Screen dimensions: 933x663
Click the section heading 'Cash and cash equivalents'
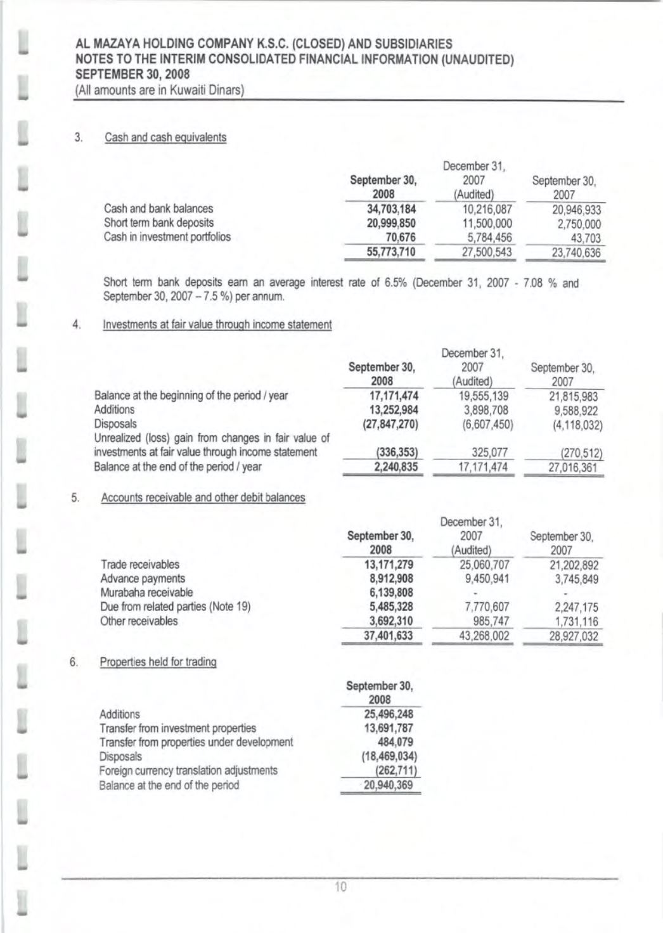[x=165, y=138]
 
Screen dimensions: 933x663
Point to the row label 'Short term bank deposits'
[x=158, y=222]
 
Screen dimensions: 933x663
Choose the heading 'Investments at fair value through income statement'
[x=217, y=325]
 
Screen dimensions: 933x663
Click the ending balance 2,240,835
[x=393, y=467]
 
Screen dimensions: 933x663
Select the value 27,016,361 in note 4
[x=572, y=468]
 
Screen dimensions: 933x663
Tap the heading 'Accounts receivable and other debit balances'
[x=203, y=498]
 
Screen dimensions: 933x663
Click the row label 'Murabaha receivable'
[x=146, y=593]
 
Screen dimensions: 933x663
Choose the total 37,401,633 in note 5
[x=388, y=635]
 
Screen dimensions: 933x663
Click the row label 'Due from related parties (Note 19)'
[x=176, y=607]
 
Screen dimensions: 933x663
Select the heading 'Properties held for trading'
[x=158, y=662]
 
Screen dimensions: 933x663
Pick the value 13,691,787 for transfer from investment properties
[x=388, y=728]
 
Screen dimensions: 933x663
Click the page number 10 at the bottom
[x=341, y=887]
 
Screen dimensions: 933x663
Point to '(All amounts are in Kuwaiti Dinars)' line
[x=160, y=90]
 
